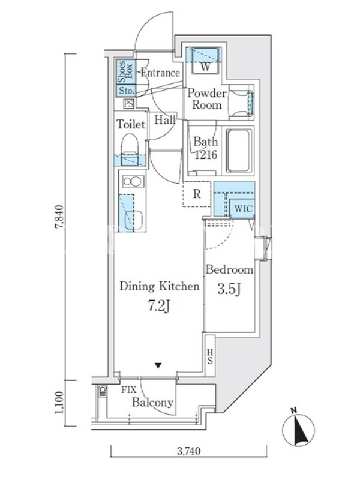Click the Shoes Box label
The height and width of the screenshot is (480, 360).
click(125, 71)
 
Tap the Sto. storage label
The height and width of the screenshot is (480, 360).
click(126, 91)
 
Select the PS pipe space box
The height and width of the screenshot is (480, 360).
click(129, 104)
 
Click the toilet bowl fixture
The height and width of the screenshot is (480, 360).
click(130, 149)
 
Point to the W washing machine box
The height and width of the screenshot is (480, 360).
click(205, 61)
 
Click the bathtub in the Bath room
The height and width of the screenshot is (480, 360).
click(239, 151)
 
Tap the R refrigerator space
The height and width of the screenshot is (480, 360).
click(197, 194)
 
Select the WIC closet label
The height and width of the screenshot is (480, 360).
click(244, 209)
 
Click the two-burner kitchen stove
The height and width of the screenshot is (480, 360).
click(133, 181)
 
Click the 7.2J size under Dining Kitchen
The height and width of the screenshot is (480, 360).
click(159, 306)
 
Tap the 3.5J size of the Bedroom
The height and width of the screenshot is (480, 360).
click(229, 289)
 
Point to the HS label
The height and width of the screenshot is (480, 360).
click(210, 356)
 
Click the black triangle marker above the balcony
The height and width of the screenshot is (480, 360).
click(158, 365)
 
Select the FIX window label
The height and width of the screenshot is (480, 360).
click(128, 390)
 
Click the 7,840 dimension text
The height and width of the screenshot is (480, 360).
click(59, 217)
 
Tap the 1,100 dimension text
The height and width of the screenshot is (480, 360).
click(59, 403)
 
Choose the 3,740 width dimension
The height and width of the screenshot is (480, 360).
click(189, 451)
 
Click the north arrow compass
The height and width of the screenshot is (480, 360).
click(298, 428)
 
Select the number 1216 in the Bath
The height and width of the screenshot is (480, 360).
click(206, 155)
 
